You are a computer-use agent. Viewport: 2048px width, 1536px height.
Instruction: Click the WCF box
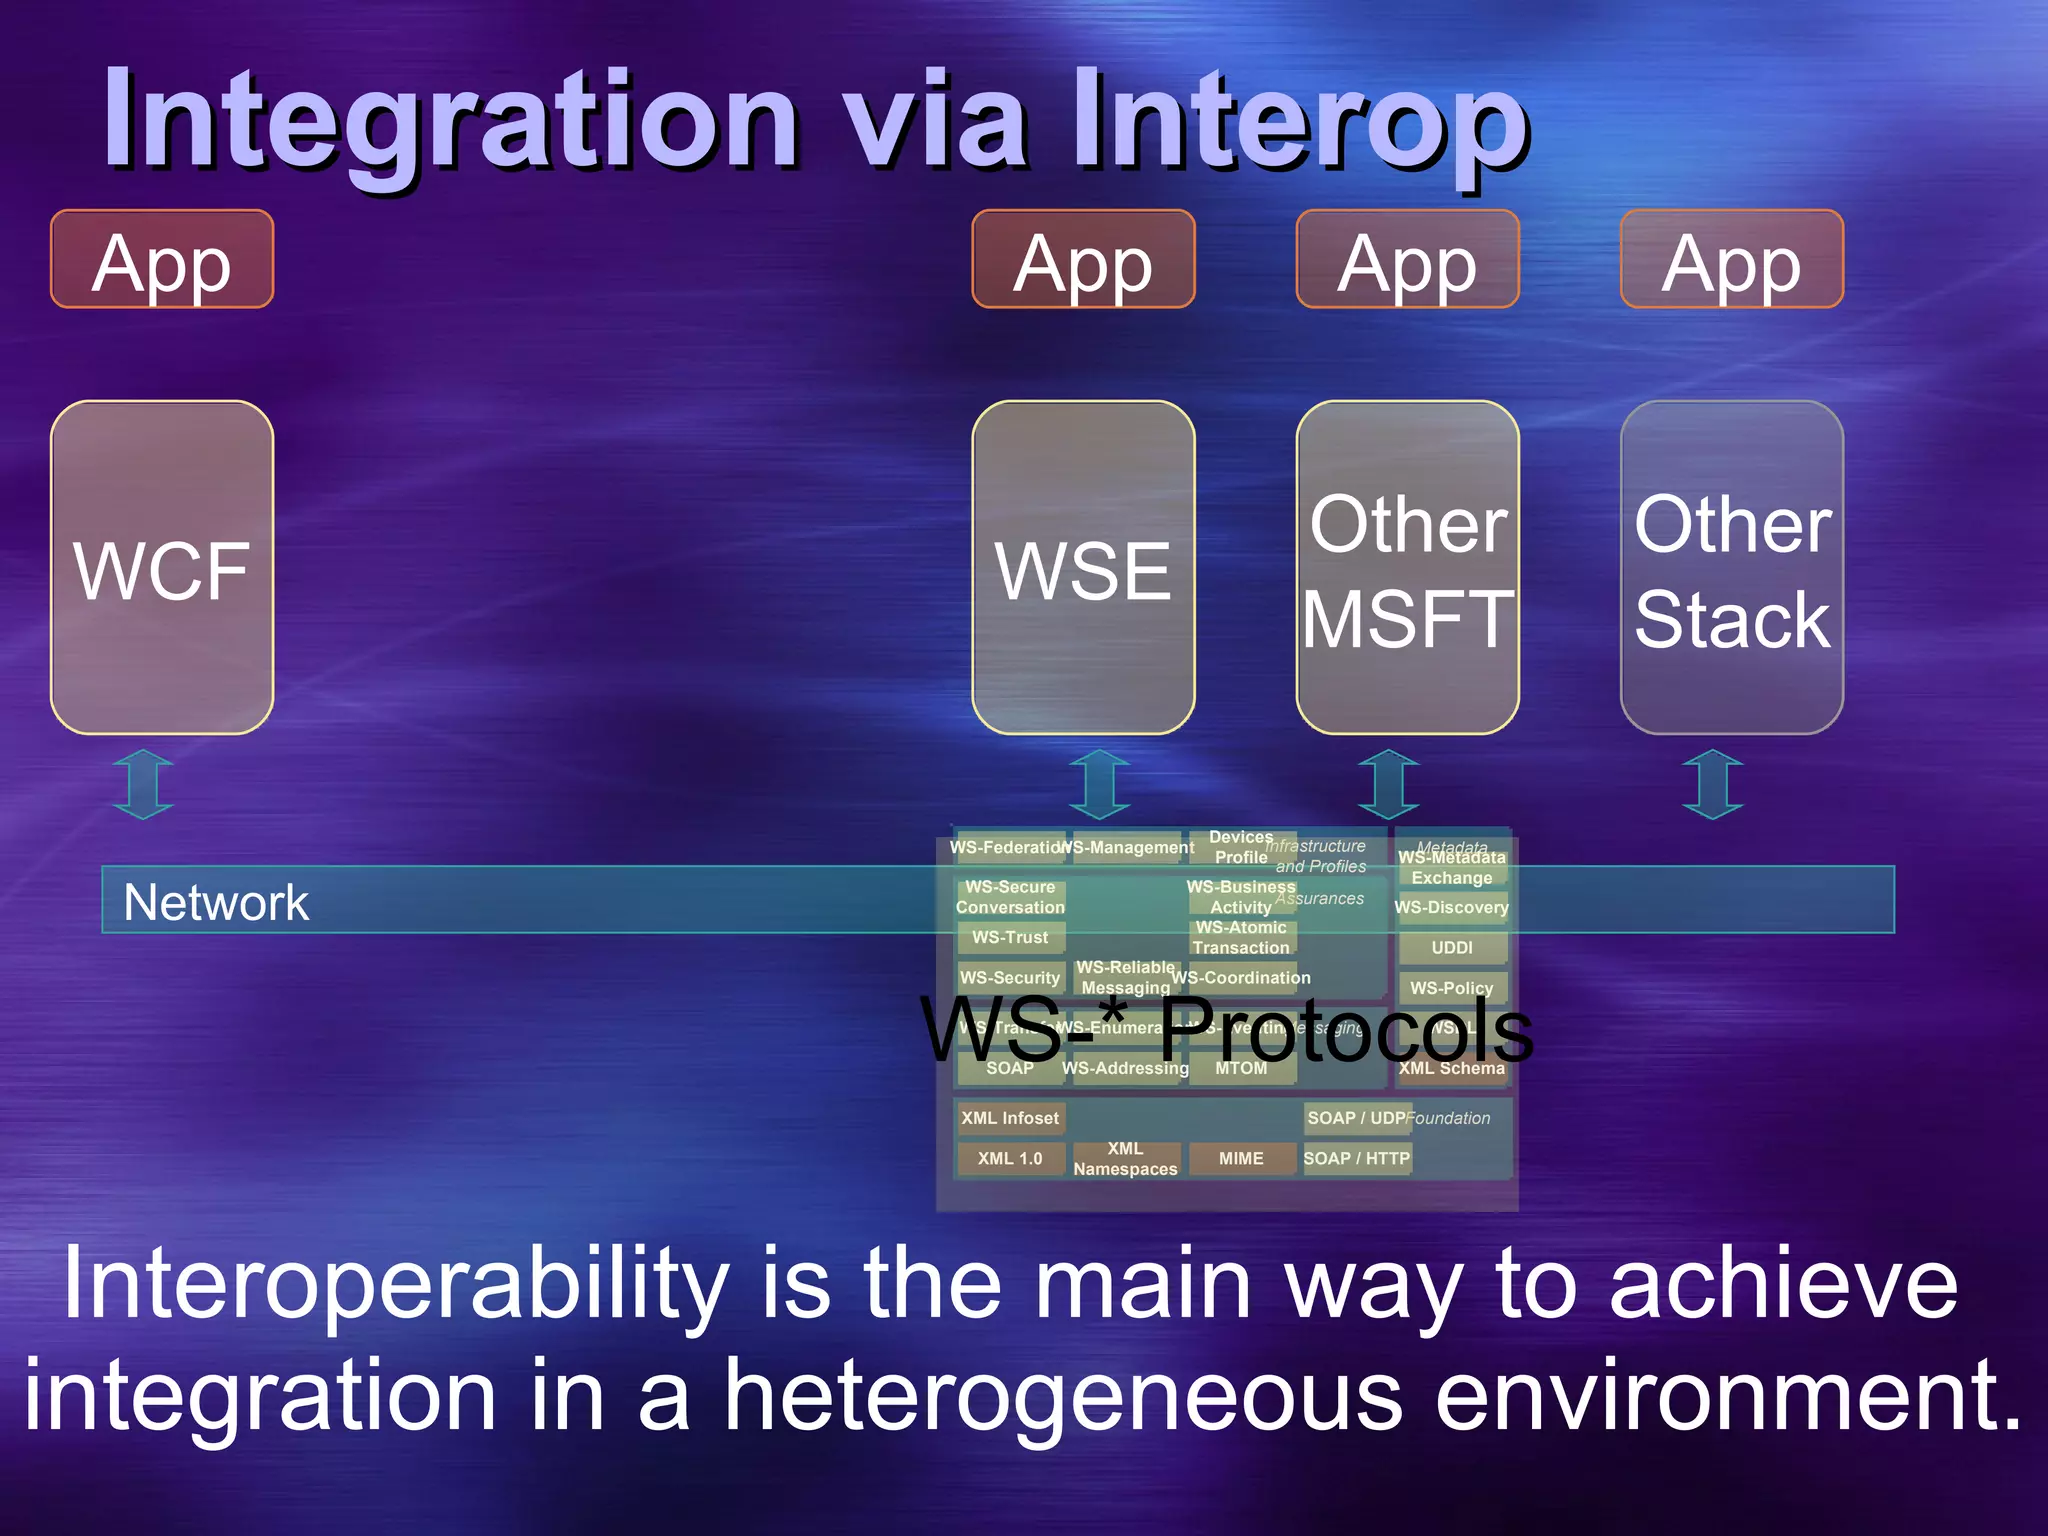pos(162,568)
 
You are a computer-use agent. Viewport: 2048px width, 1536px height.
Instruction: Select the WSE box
pos(1083,568)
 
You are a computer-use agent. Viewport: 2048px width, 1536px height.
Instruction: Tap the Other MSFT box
pos(1407,568)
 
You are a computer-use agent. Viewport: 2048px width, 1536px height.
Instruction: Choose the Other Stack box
pos(1731,568)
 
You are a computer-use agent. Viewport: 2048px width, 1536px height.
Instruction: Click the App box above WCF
pos(162,260)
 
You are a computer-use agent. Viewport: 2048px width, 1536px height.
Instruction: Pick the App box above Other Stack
pos(1731,260)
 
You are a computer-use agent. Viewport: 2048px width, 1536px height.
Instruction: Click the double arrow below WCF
pos(143,785)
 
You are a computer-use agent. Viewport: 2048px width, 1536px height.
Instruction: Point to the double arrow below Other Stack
pos(1712,785)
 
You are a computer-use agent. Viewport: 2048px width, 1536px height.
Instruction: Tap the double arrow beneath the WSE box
pos(1099,785)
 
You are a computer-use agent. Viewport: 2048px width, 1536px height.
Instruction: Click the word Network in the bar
pos(216,902)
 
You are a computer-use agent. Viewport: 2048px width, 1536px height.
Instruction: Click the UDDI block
pos(1451,947)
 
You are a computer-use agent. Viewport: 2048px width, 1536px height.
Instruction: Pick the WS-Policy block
pos(1451,988)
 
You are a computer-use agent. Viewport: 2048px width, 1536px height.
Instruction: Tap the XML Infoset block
pos(1009,1118)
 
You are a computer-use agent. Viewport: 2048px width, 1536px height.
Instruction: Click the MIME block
pos(1241,1158)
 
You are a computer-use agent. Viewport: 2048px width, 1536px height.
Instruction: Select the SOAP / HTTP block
pos(1356,1158)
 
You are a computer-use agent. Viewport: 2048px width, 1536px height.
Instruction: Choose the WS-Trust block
pos(1009,937)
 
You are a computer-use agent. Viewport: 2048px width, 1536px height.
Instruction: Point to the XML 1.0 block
pos(1009,1158)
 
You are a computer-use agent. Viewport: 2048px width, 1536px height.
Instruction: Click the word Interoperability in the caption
pos(396,1287)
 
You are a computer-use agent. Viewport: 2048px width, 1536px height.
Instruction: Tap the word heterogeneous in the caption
pos(1063,1396)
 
